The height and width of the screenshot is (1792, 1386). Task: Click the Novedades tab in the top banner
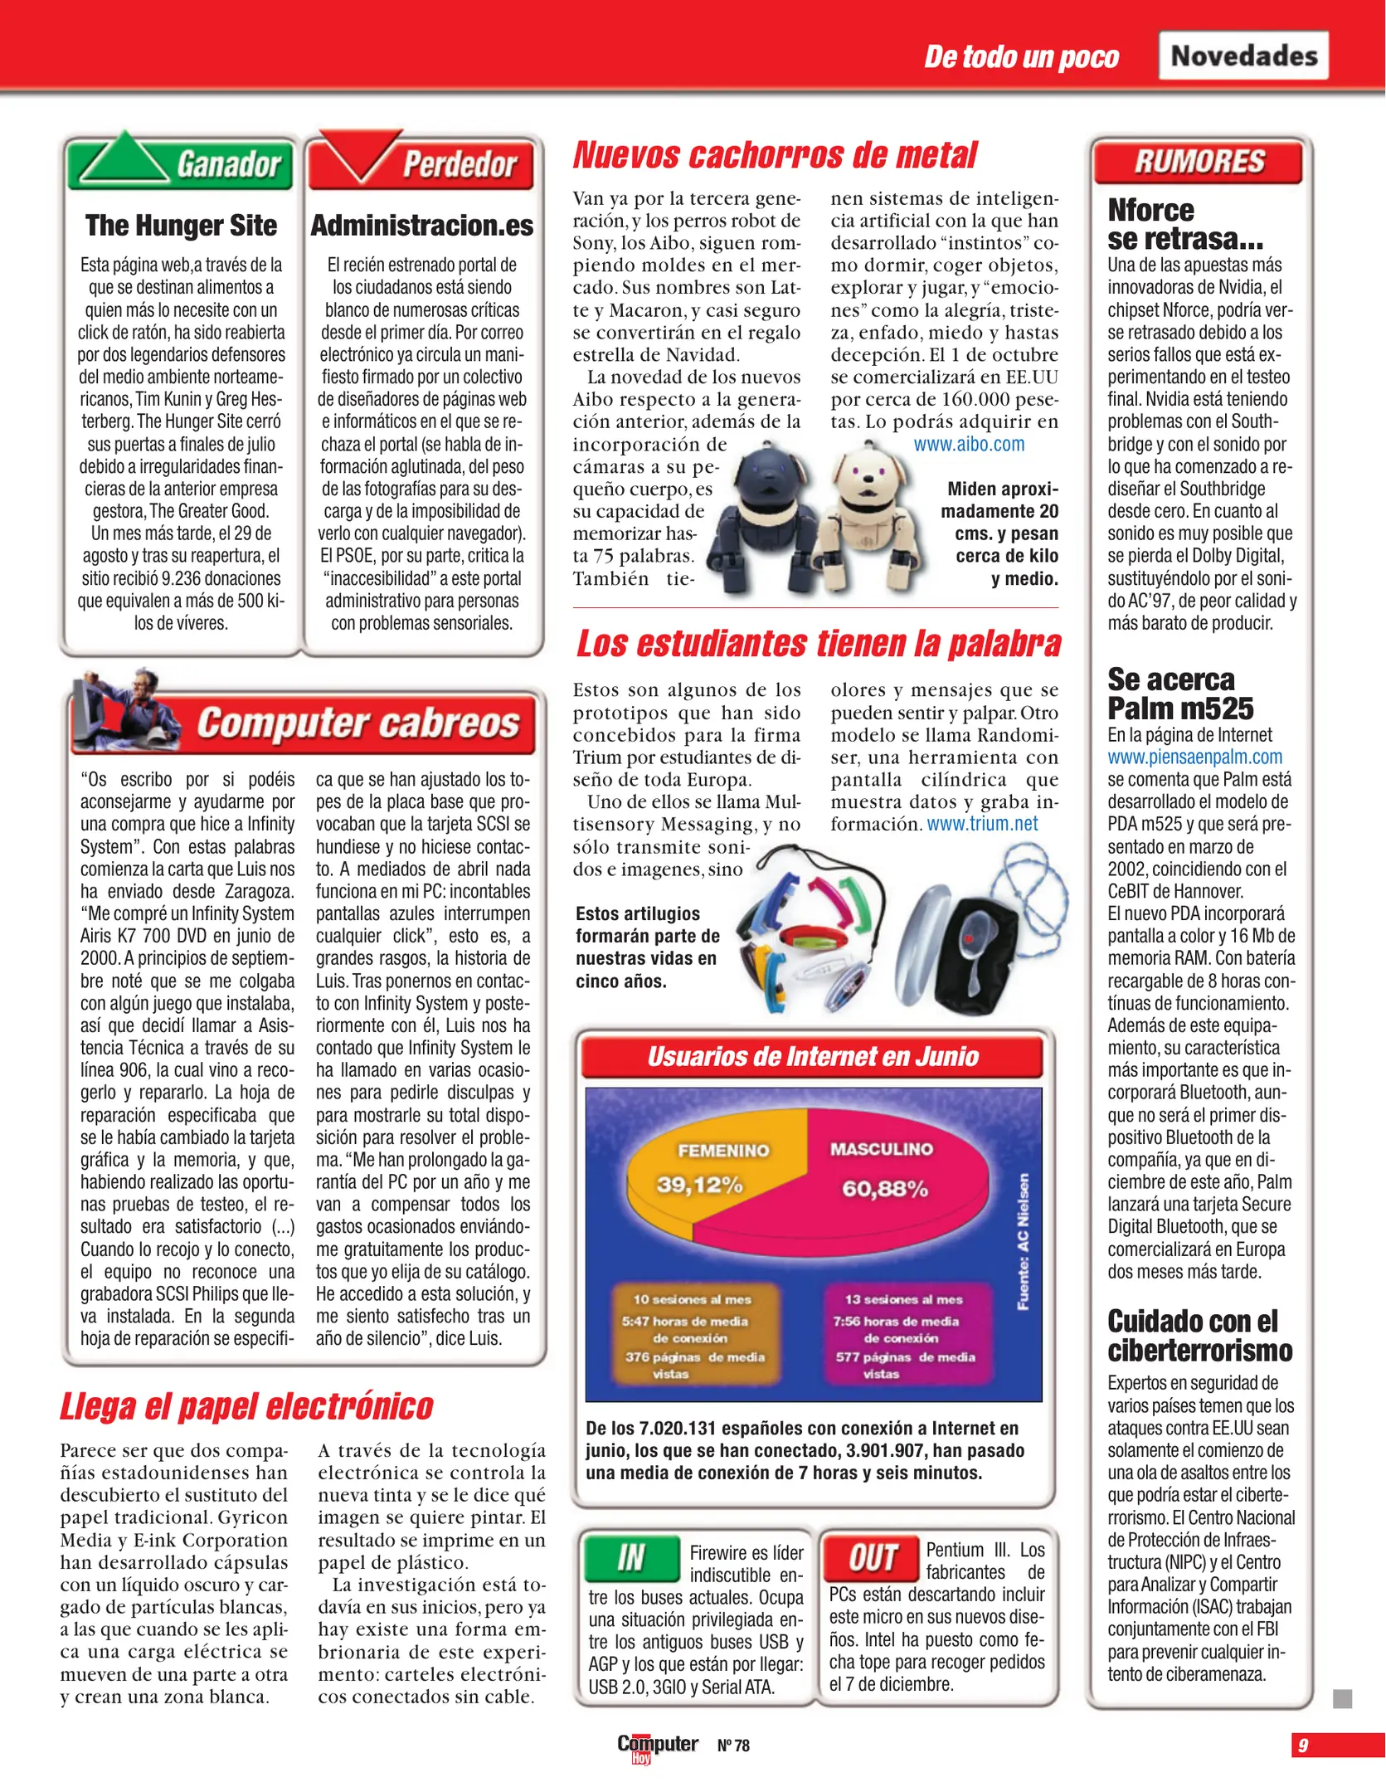pyautogui.click(x=1243, y=56)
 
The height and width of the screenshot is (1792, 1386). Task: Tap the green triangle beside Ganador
pyautogui.click(x=123, y=159)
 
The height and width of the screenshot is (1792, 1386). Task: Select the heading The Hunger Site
pyautogui.click(x=181, y=225)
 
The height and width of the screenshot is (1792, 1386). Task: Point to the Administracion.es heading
pyautogui.click(x=421, y=225)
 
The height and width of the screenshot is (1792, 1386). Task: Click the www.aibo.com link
pyautogui.click(x=969, y=444)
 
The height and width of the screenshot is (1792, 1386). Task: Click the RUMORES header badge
pyautogui.click(x=1199, y=161)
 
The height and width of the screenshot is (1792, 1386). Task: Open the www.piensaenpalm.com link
pyautogui.click(x=1194, y=757)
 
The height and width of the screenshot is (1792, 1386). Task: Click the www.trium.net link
pyautogui.click(x=982, y=824)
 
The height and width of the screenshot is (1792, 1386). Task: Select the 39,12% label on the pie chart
pyautogui.click(x=699, y=1184)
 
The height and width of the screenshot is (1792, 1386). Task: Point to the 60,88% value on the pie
pyautogui.click(x=884, y=1188)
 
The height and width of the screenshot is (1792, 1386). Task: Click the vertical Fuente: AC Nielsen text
pyautogui.click(x=1024, y=1241)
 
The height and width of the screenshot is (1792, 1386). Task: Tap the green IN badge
pyautogui.click(x=632, y=1557)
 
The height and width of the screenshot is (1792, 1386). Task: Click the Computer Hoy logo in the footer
pyautogui.click(x=657, y=1746)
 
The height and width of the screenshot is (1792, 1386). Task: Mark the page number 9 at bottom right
pyautogui.click(x=1304, y=1745)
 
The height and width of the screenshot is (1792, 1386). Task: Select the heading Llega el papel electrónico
pyautogui.click(x=246, y=1406)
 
